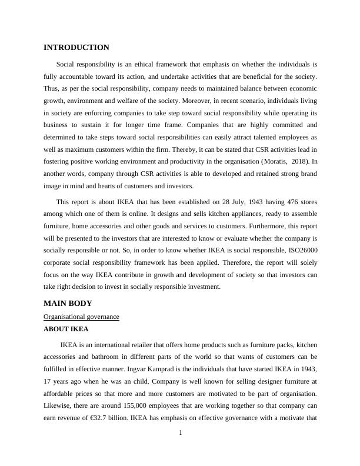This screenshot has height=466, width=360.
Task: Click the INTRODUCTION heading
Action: click(76, 48)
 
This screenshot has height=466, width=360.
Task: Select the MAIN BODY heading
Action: click(68, 304)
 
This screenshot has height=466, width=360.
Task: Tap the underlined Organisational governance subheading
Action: click(81, 317)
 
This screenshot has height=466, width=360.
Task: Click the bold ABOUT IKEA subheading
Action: click(66, 329)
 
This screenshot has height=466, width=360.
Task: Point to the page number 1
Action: click(181, 434)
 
